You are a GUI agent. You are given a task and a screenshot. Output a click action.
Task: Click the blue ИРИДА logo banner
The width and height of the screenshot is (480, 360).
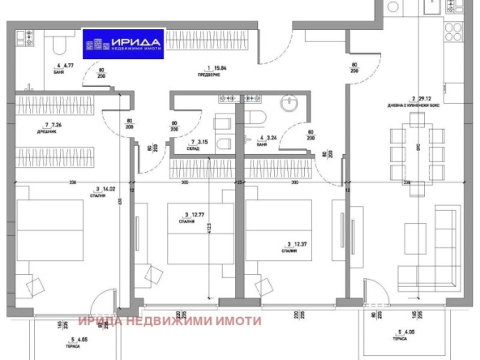pyautogui.click(x=126, y=43)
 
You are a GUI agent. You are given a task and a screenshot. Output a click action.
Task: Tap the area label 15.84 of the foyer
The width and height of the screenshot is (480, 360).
pyautogui.click(x=213, y=70)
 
